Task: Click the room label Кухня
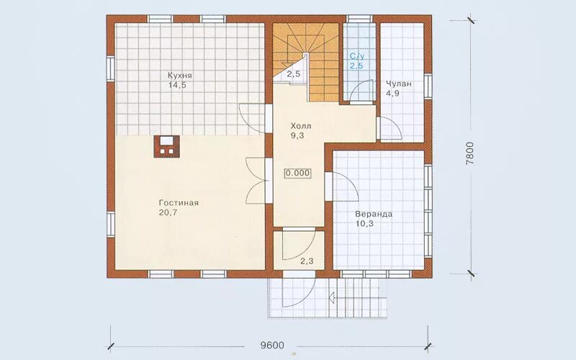pos(179,76)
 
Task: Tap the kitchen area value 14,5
pos(177,85)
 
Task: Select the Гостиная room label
pos(179,203)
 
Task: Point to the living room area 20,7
pos(168,212)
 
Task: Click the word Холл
pos(301,126)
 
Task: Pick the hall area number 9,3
pos(297,135)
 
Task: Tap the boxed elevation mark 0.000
pos(298,173)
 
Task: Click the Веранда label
pos(374,214)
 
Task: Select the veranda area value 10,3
pos(364,223)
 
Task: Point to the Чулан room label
pos(399,84)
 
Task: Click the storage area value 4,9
pos(392,93)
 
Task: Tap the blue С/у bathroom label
pos(357,57)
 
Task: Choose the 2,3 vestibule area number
pos(307,261)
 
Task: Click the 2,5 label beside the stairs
pos(294,74)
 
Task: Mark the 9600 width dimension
pos(272,346)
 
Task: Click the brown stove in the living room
pos(167,147)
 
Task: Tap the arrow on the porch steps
pos(332,297)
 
